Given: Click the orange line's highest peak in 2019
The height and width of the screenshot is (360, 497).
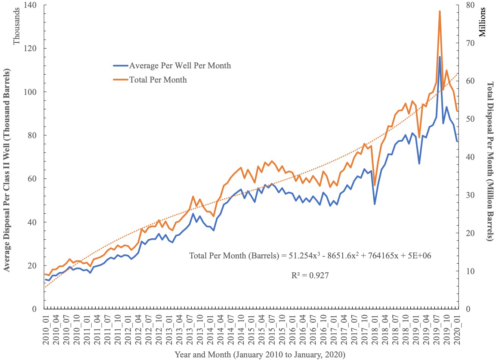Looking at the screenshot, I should (x=439, y=11).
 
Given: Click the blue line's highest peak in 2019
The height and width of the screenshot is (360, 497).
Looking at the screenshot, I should (x=439, y=57).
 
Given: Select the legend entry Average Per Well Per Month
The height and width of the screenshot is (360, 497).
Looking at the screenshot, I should (x=180, y=66).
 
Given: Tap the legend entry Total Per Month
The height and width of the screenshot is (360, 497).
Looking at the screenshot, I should (x=158, y=80).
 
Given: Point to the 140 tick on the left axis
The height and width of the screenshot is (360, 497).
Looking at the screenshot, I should (x=30, y=5).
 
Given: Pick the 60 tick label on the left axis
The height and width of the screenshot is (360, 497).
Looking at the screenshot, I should (x=32, y=179).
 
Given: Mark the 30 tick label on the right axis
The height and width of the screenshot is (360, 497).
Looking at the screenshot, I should (x=470, y=195).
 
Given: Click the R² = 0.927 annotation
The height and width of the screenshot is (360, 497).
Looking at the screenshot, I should (x=310, y=276).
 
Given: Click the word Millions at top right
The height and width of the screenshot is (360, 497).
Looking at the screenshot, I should (x=482, y=22).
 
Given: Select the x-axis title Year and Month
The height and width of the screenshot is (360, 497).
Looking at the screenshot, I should (x=260, y=354).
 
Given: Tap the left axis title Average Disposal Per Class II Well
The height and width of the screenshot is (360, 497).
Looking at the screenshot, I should (x=7, y=170).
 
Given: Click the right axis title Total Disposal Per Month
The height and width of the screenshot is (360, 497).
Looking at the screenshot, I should (x=490, y=161).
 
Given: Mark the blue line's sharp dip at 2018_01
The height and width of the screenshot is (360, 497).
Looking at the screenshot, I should (x=374, y=204).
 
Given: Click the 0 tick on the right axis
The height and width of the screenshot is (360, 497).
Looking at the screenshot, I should (x=468, y=309).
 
